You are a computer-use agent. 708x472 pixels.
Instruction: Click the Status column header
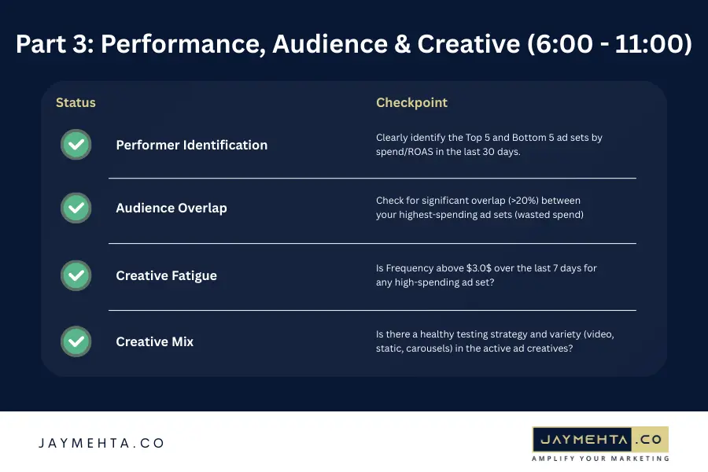click(76, 103)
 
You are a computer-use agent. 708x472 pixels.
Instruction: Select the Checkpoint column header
click(411, 103)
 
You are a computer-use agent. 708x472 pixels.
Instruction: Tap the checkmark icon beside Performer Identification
click(76, 145)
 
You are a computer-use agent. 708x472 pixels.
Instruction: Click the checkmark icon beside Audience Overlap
click(76, 208)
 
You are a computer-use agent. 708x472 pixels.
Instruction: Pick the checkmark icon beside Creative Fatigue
click(76, 275)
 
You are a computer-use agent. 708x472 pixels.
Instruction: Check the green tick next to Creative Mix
click(76, 341)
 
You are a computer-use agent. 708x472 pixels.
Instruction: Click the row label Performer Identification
click(191, 145)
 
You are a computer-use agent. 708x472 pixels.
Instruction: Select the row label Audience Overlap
click(171, 208)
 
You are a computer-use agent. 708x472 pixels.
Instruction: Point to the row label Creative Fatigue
click(166, 275)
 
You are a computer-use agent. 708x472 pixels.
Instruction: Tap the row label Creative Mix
click(154, 341)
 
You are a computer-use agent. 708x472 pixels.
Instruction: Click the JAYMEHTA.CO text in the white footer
click(101, 443)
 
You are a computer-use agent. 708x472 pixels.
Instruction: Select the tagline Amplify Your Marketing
click(600, 458)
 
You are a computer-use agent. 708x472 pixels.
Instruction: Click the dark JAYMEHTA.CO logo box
click(600, 438)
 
